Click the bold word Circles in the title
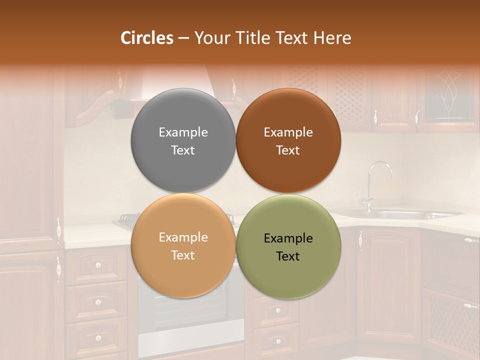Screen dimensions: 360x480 pos(146,38)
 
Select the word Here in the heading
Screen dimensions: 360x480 pos(332,38)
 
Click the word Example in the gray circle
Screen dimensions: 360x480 pos(183,132)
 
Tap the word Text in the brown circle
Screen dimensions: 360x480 pos(288,150)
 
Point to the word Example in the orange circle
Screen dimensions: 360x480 pos(183,237)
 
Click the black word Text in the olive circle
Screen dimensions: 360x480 pos(288,256)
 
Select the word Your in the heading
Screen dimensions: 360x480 pos(210,38)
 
